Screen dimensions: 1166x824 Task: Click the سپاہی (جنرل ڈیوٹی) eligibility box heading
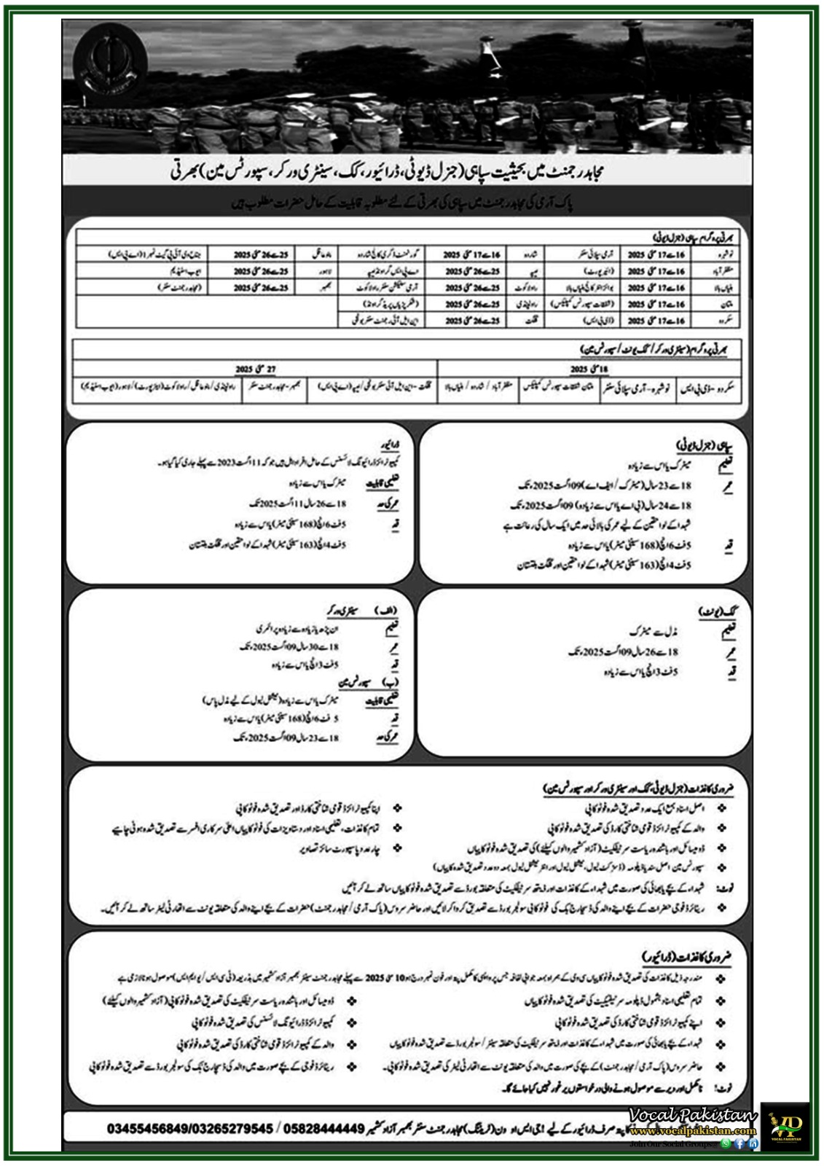click(x=699, y=444)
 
